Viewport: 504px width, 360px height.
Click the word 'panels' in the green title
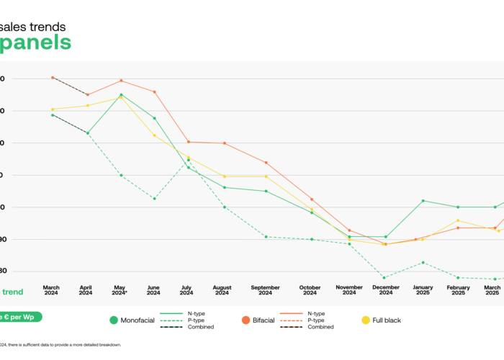click(x=35, y=42)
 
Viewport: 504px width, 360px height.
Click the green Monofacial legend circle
click(x=114, y=320)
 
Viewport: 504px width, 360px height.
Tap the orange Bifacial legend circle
click(x=245, y=320)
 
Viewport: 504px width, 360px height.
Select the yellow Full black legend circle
click(x=365, y=320)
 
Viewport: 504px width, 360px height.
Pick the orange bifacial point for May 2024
click(x=121, y=81)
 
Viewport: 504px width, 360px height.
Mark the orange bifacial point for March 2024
click(x=53, y=77)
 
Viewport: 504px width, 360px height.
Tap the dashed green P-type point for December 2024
click(x=384, y=278)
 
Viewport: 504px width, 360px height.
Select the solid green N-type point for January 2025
click(x=423, y=201)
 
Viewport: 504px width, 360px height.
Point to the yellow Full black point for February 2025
click(x=458, y=220)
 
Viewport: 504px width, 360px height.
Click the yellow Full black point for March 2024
click(x=53, y=109)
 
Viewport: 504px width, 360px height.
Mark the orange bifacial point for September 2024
click(x=266, y=163)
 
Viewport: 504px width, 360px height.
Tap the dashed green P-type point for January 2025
click(x=423, y=263)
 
